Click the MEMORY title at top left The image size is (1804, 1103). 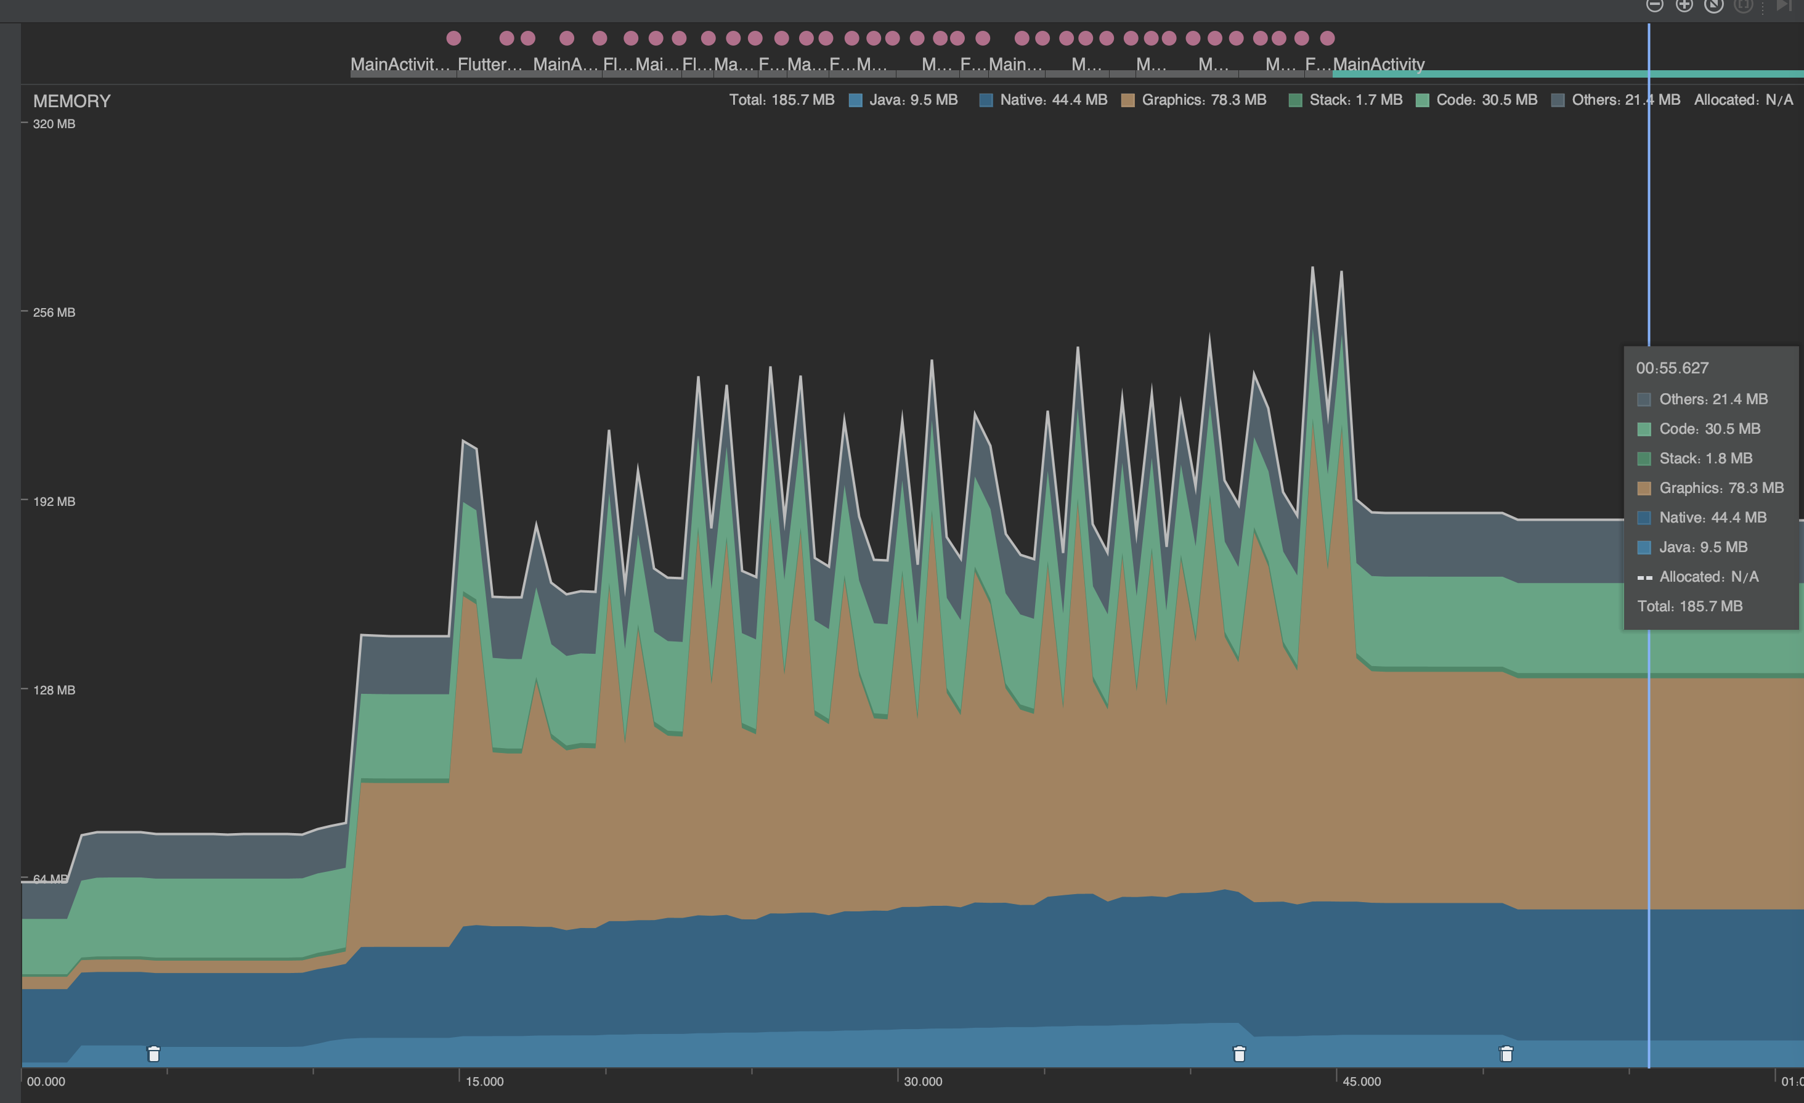(x=71, y=101)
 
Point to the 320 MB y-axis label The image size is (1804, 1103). (x=54, y=124)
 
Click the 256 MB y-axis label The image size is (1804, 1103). (x=54, y=312)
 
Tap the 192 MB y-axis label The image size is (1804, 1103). (x=54, y=501)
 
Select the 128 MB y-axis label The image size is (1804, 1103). (x=54, y=690)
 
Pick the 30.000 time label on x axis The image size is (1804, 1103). (x=922, y=1081)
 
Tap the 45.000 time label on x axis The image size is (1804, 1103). (x=1361, y=1081)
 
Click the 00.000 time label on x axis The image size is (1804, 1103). (x=46, y=1081)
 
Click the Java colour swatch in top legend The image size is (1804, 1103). (x=855, y=100)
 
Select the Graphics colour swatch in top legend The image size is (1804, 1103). (x=1127, y=100)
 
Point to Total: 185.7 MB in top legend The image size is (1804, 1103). (x=781, y=100)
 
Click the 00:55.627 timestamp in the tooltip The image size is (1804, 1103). (x=1672, y=368)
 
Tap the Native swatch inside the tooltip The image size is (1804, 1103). (x=1644, y=518)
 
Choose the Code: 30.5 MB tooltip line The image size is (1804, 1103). (x=1709, y=428)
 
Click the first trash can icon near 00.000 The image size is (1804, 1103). (x=154, y=1054)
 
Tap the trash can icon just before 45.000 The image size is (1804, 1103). (x=1239, y=1054)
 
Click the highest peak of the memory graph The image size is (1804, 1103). (x=1312, y=268)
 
